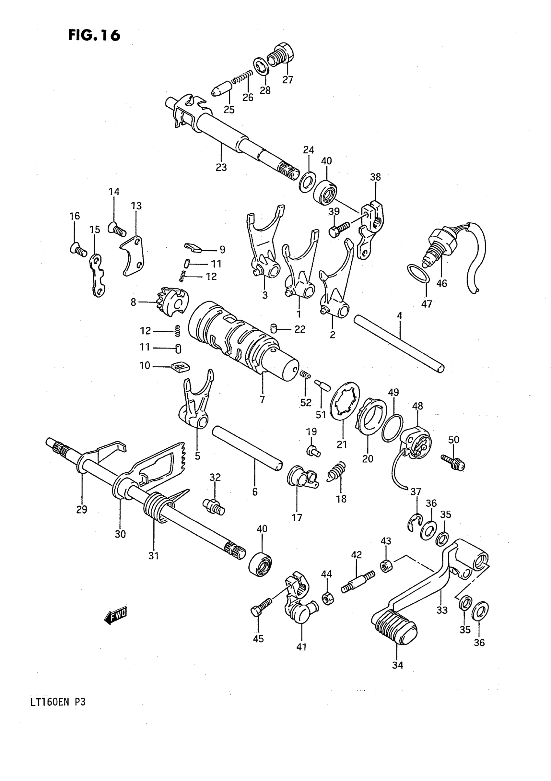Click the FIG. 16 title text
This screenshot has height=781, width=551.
click(x=94, y=35)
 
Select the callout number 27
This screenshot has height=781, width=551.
click(x=287, y=80)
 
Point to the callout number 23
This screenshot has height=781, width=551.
click(x=221, y=167)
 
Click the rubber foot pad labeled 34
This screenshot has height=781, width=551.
click(x=394, y=629)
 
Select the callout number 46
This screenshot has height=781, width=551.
click(x=441, y=283)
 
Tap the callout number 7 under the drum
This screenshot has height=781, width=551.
click(x=262, y=400)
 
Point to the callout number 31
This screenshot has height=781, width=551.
click(x=153, y=556)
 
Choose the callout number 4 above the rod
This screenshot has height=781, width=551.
click(x=399, y=316)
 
